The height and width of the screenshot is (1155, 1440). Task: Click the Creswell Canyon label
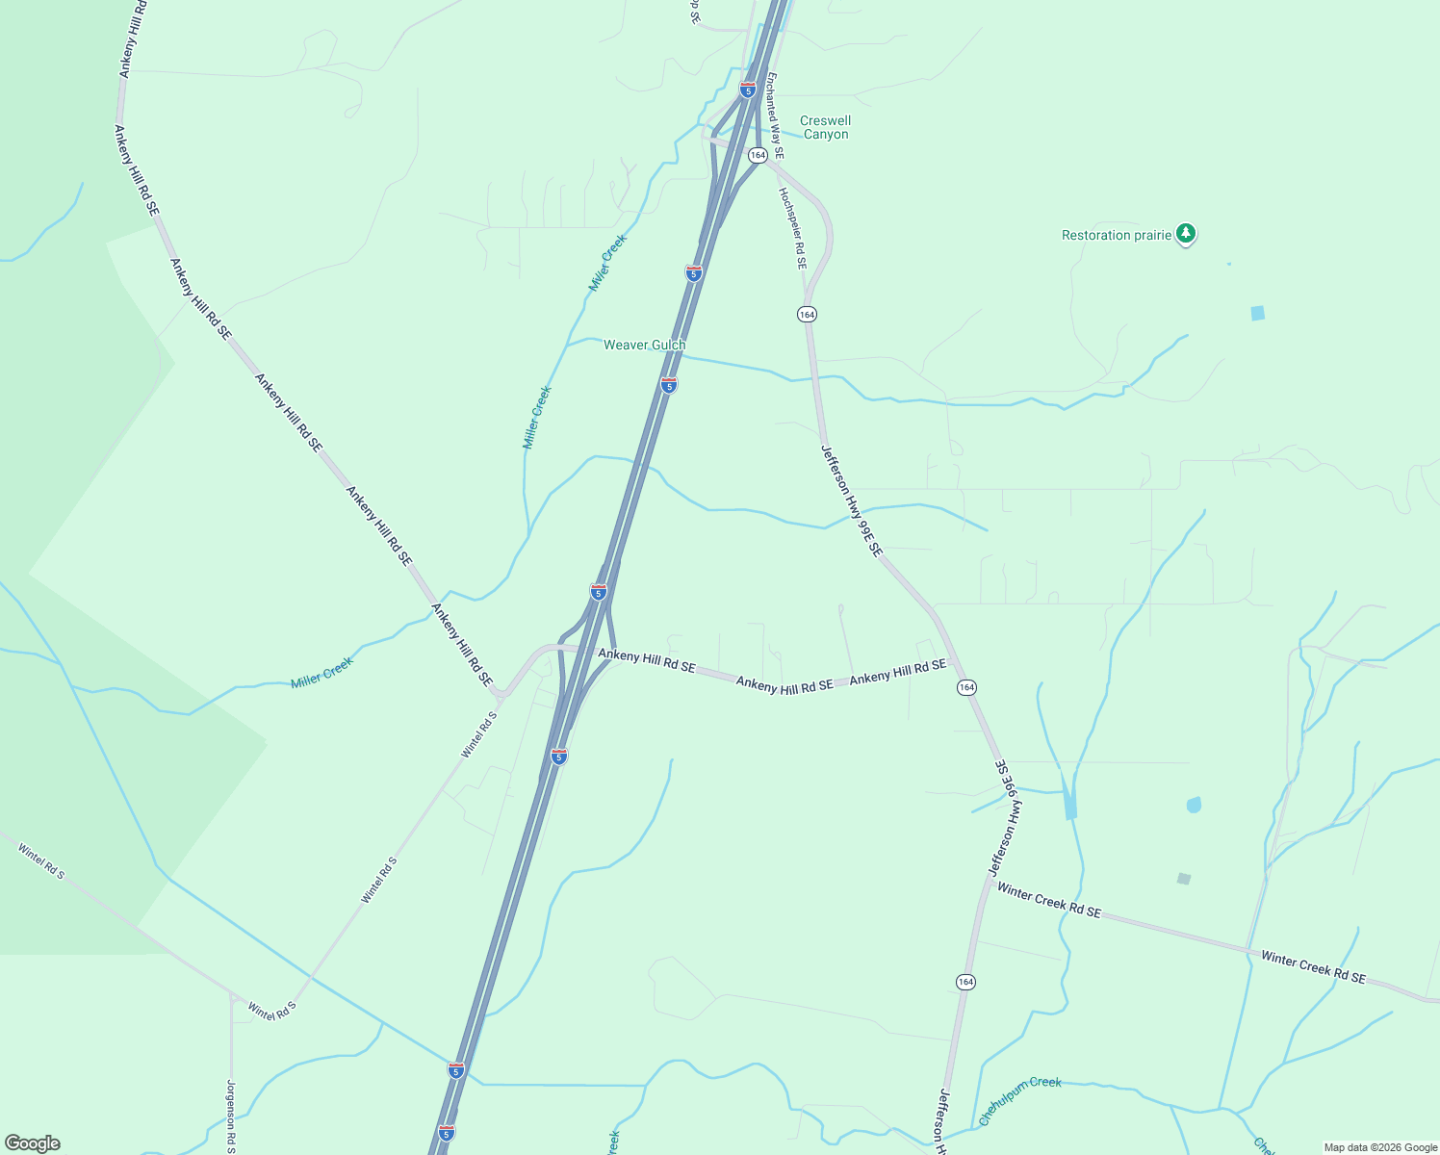click(x=826, y=127)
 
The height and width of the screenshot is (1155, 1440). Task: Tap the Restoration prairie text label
click(x=1116, y=235)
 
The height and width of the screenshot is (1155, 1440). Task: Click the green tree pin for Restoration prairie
click(x=1187, y=234)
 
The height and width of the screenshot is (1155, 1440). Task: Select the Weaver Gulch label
click(x=644, y=345)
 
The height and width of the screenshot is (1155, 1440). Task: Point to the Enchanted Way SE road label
click(x=775, y=115)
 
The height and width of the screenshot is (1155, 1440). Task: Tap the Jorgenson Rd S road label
click(x=231, y=1116)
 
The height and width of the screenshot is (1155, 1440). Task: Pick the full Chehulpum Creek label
click(x=1019, y=1101)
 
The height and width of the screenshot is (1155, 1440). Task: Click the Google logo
click(x=32, y=1143)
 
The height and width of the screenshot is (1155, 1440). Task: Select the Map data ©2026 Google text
click(x=1380, y=1147)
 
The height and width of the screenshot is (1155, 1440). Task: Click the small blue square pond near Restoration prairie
click(x=1257, y=313)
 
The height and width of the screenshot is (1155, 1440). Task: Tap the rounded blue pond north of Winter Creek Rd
click(x=1194, y=805)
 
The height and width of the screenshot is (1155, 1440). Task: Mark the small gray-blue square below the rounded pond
click(x=1184, y=879)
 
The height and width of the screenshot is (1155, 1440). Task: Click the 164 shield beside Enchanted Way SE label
click(x=758, y=155)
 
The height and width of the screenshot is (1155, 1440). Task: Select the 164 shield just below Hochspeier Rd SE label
click(x=807, y=315)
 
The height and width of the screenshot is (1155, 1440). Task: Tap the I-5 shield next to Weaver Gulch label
click(x=669, y=385)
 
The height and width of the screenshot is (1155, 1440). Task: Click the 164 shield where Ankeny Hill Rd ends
click(x=966, y=687)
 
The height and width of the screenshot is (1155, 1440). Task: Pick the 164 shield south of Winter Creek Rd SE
click(x=965, y=982)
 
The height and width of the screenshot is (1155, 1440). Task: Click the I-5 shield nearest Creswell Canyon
click(x=748, y=90)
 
